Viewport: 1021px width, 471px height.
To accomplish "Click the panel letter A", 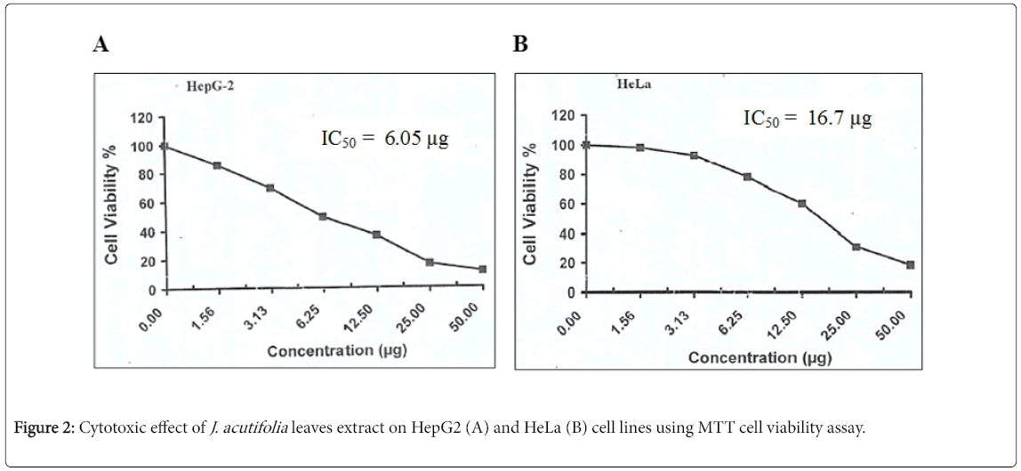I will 101,45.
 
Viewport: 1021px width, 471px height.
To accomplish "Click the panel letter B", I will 520,45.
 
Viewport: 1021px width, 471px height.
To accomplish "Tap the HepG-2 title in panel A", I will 210,87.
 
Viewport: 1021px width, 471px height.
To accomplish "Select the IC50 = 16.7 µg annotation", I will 808,118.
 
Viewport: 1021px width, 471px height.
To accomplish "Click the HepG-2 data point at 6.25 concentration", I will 323,216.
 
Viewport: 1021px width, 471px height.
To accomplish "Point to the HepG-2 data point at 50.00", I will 482,268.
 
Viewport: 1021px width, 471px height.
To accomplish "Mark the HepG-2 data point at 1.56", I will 217,165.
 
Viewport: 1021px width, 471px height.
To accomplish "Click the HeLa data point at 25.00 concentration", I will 856,246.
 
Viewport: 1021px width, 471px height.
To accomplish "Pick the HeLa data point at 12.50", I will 801,204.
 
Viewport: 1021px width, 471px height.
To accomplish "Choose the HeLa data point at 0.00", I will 586,145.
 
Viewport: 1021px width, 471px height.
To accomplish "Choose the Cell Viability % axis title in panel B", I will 531,204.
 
